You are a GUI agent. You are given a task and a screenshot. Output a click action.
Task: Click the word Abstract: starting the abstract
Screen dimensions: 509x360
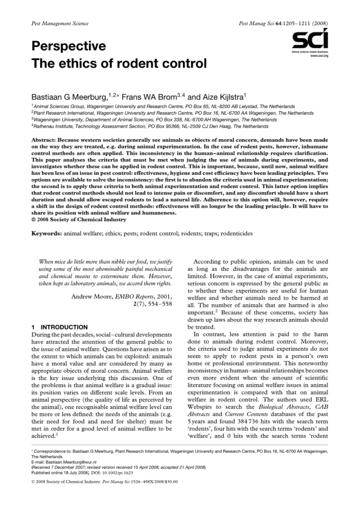tap(47, 141)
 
